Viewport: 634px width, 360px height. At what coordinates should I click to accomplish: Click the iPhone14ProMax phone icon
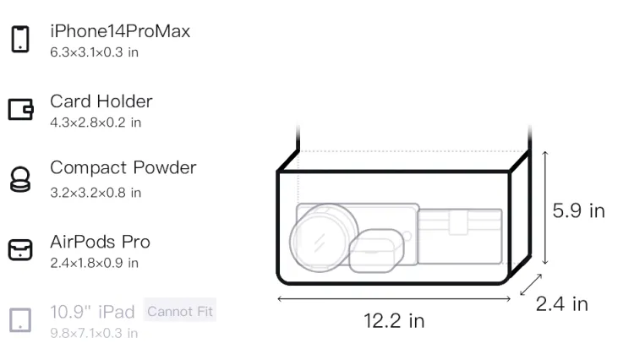(x=20, y=39)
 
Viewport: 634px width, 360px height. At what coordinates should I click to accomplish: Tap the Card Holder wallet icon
(x=20, y=110)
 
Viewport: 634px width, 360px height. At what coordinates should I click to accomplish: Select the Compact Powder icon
(x=20, y=179)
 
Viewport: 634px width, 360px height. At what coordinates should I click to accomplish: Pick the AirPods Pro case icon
(x=20, y=249)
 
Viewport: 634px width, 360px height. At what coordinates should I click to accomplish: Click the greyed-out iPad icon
(x=20, y=320)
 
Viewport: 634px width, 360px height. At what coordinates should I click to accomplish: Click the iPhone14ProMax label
(x=120, y=31)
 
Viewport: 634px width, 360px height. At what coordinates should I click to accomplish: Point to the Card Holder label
(x=101, y=101)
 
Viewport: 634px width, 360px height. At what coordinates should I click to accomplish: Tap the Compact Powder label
(x=123, y=168)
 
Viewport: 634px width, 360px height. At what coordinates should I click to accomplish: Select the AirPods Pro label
(x=101, y=242)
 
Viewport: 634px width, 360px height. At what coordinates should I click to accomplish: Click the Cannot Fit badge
(x=180, y=311)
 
